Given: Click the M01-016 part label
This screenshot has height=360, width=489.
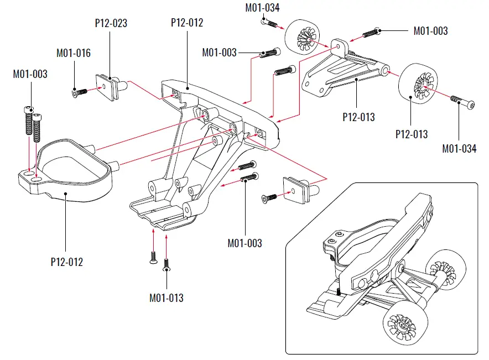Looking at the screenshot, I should pyautogui.click(x=74, y=54).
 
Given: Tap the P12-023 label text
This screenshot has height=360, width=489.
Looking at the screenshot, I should pyautogui.click(x=111, y=23).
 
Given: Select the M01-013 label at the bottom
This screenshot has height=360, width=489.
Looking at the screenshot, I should pyautogui.click(x=166, y=298).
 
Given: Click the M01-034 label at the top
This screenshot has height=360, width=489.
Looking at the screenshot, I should pyautogui.click(x=262, y=8).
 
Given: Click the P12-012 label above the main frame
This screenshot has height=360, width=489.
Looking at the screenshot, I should pyautogui.click(x=187, y=23).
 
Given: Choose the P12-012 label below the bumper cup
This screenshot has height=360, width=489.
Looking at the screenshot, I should pyautogui.click(x=66, y=262).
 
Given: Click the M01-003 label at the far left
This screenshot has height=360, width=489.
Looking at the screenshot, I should pyautogui.click(x=30, y=74).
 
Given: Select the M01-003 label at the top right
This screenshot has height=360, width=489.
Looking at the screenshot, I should pyautogui.click(x=430, y=31).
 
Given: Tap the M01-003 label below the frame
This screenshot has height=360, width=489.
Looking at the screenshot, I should pyautogui.click(x=245, y=243).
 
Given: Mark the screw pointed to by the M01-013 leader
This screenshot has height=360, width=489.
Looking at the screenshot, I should pyautogui.click(x=165, y=268).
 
